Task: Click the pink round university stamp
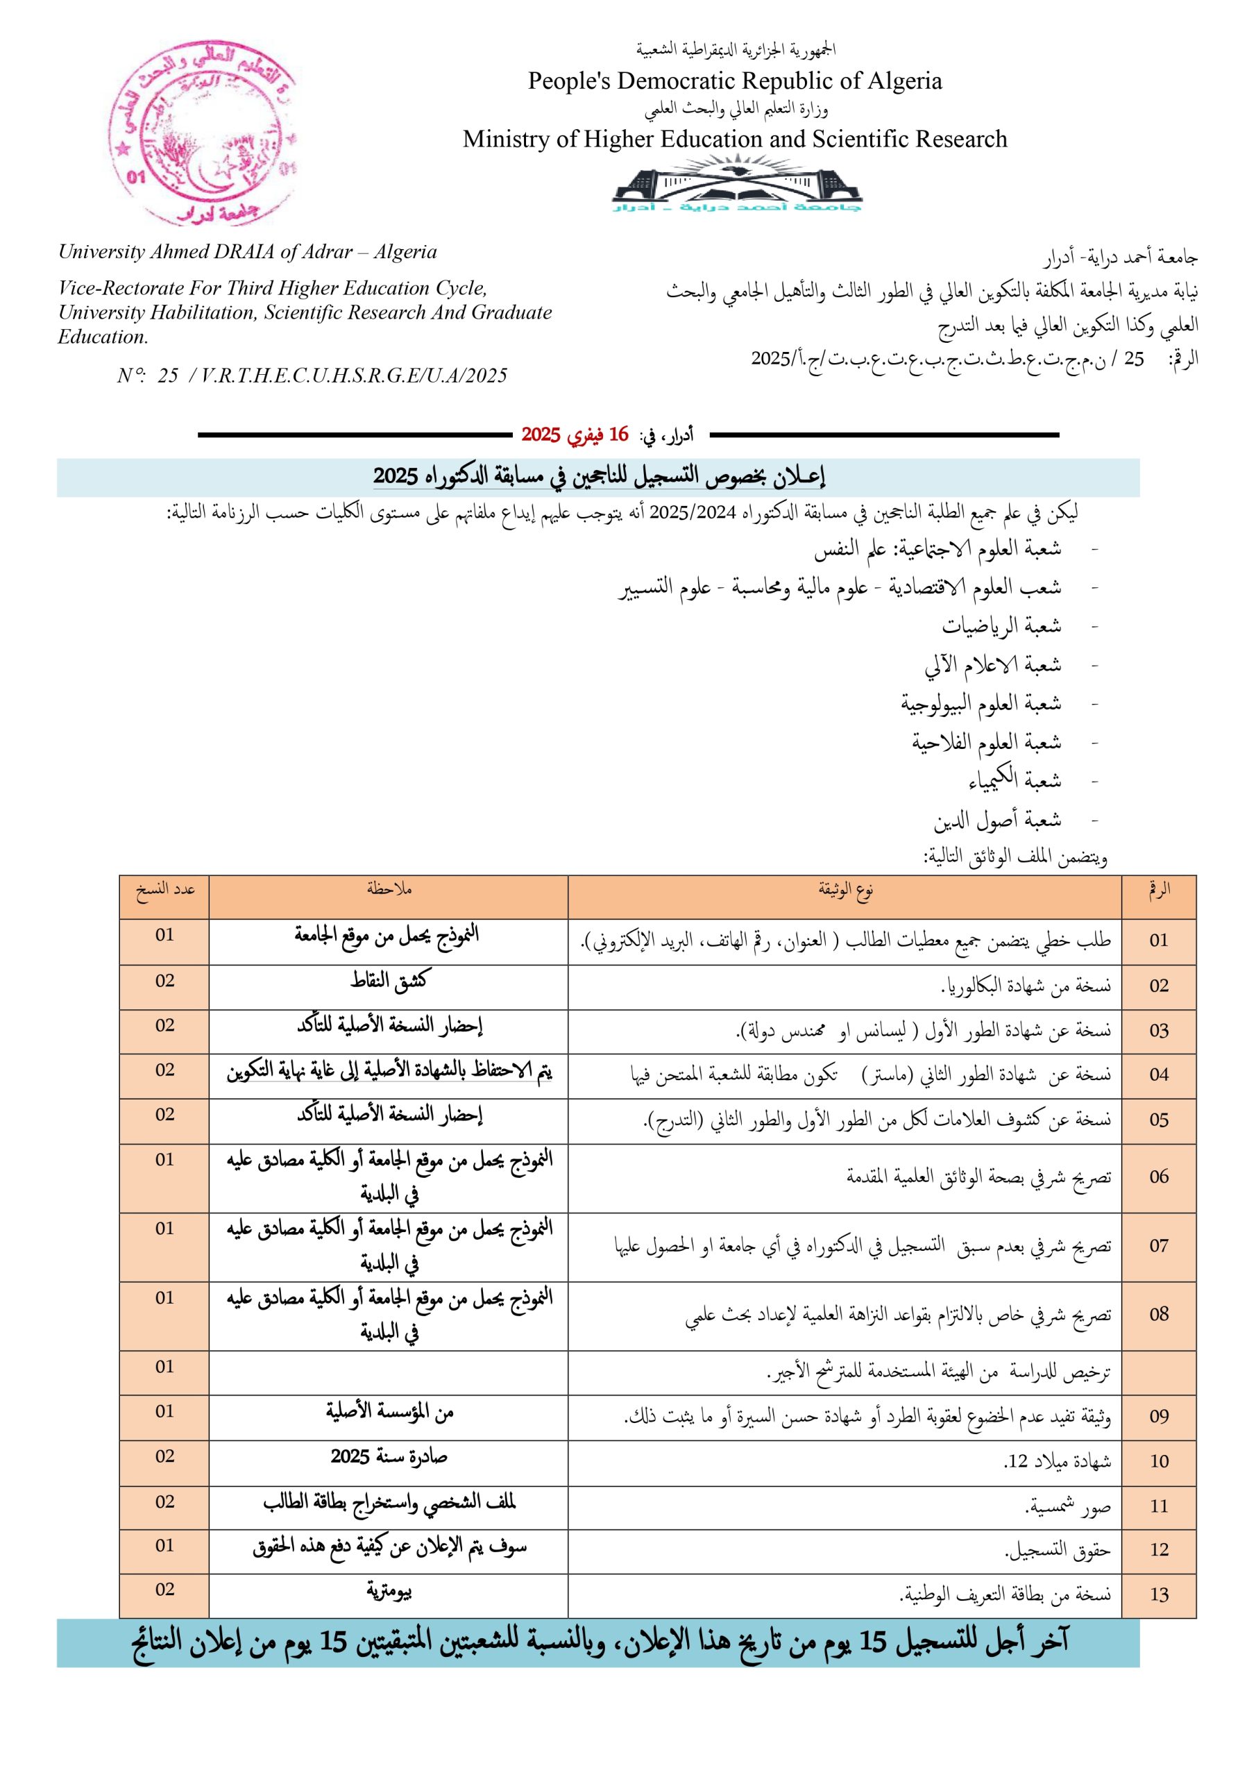(x=203, y=133)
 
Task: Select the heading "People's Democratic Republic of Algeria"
(x=734, y=81)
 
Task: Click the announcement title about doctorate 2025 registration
(x=599, y=477)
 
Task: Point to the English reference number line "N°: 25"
(x=312, y=376)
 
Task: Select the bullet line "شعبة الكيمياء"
(x=1014, y=780)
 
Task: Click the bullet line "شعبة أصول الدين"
(x=996, y=820)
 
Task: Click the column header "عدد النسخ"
(x=165, y=890)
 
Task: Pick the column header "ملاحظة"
(x=389, y=890)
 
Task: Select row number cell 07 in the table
(x=1158, y=1246)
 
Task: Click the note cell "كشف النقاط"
(x=389, y=982)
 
